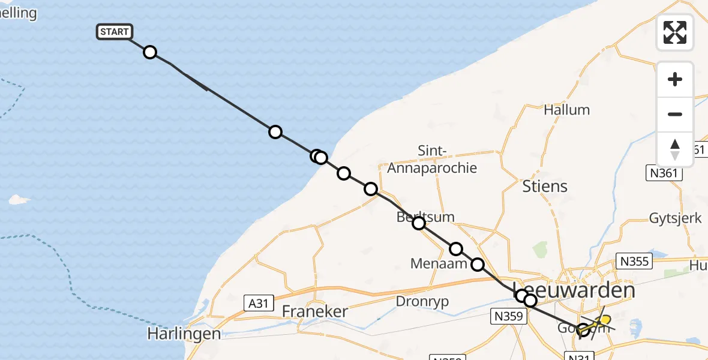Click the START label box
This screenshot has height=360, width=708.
114,32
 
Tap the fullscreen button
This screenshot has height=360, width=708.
675,32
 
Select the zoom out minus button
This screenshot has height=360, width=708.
675,114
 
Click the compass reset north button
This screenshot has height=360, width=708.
675,149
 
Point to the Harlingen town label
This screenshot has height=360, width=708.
184,334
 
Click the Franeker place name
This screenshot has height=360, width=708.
315,312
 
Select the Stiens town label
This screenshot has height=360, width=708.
545,186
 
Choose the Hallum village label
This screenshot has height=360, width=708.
566,110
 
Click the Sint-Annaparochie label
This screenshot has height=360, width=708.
432,160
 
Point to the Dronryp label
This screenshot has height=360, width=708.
422,302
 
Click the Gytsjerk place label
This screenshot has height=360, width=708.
676,218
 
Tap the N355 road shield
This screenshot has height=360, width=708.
635,262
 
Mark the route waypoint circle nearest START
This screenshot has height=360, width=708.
150,52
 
